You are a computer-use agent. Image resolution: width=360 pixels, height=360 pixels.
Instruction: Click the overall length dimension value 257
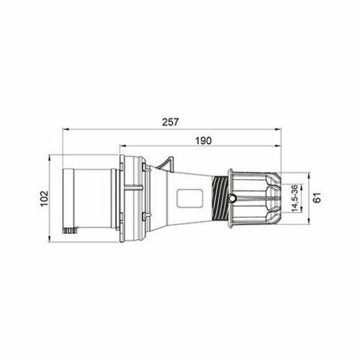[169, 120]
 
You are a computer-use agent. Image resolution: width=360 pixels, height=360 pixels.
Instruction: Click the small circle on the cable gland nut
[233, 198]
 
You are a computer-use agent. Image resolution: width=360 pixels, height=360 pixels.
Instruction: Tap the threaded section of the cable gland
[219, 198]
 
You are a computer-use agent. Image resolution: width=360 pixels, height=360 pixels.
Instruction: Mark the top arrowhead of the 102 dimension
[51, 157]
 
